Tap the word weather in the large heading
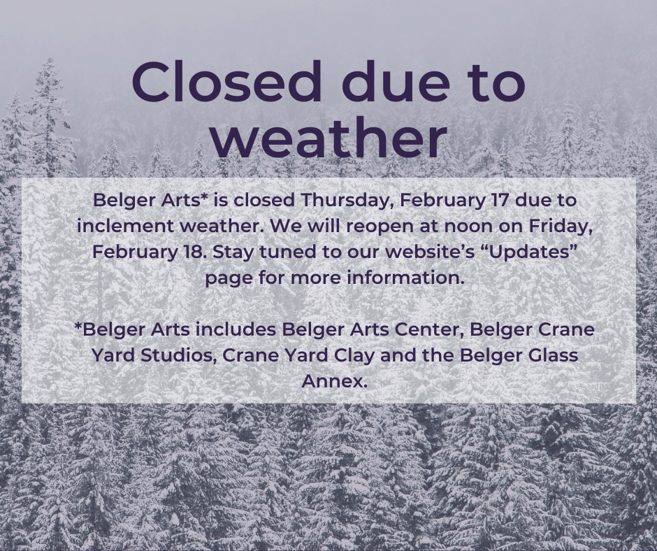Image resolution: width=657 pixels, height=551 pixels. pyautogui.click(x=329, y=136)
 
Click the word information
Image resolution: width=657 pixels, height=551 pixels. pyautogui.click(x=405, y=278)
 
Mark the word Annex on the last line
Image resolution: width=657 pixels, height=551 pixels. pyautogui.click(x=333, y=382)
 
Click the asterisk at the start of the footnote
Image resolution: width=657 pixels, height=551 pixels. pyautogui.click(x=78, y=325)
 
